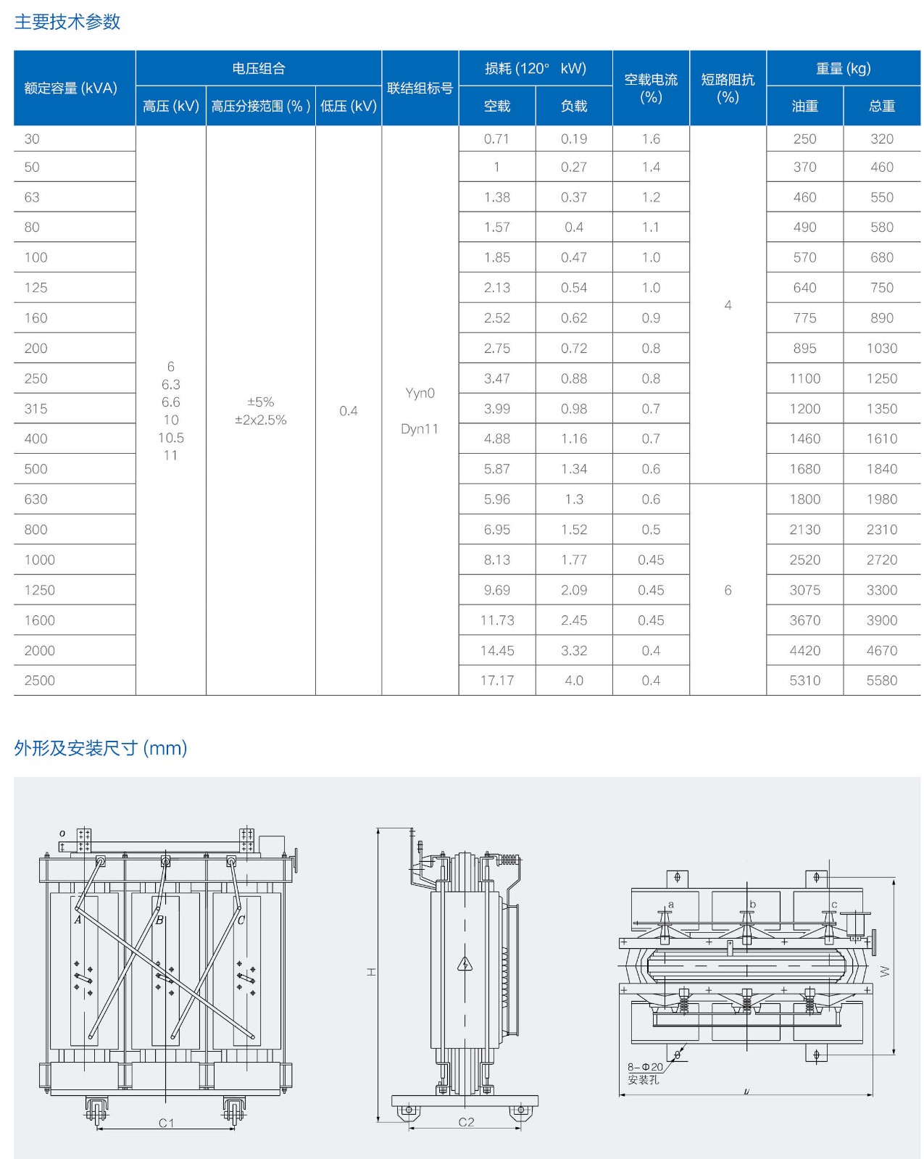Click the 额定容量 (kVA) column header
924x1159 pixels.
pyautogui.click(x=70, y=88)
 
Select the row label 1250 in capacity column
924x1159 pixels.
pyautogui.click(x=39, y=590)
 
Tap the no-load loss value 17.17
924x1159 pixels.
pyautogui.click(x=497, y=680)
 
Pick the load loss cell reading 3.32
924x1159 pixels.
pyautogui.click(x=573, y=650)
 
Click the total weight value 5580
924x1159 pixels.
pyautogui.click(x=881, y=680)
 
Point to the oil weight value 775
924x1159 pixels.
pyautogui.click(x=804, y=317)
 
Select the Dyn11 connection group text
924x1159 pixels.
pyautogui.click(x=420, y=428)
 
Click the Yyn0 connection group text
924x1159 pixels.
pyautogui.click(x=420, y=393)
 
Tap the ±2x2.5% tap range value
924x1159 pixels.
pyautogui.click(x=261, y=420)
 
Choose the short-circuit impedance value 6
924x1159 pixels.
pyautogui.click(x=728, y=590)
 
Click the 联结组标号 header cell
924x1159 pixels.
pyautogui.click(x=420, y=88)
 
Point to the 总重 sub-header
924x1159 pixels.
pyautogui.click(x=881, y=106)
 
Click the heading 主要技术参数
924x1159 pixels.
pyautogui.click(x=67, y=22)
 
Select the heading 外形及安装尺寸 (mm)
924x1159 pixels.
pyautogui.click(x=101, y=748)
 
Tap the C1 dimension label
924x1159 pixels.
pyautogui.click(x=167, y=1123)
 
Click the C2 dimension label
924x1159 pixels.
pyautogui.click(x=466, y=1122)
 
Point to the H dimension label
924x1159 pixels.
pyautogui.click(x=371, y=971)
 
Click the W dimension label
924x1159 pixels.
pyautogui.click(x=885, y=971)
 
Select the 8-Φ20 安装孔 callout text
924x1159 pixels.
pyautogui.click(x=644, y=1073)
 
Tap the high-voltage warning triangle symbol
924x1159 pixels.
pyautogui.click(x=465, y=964)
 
